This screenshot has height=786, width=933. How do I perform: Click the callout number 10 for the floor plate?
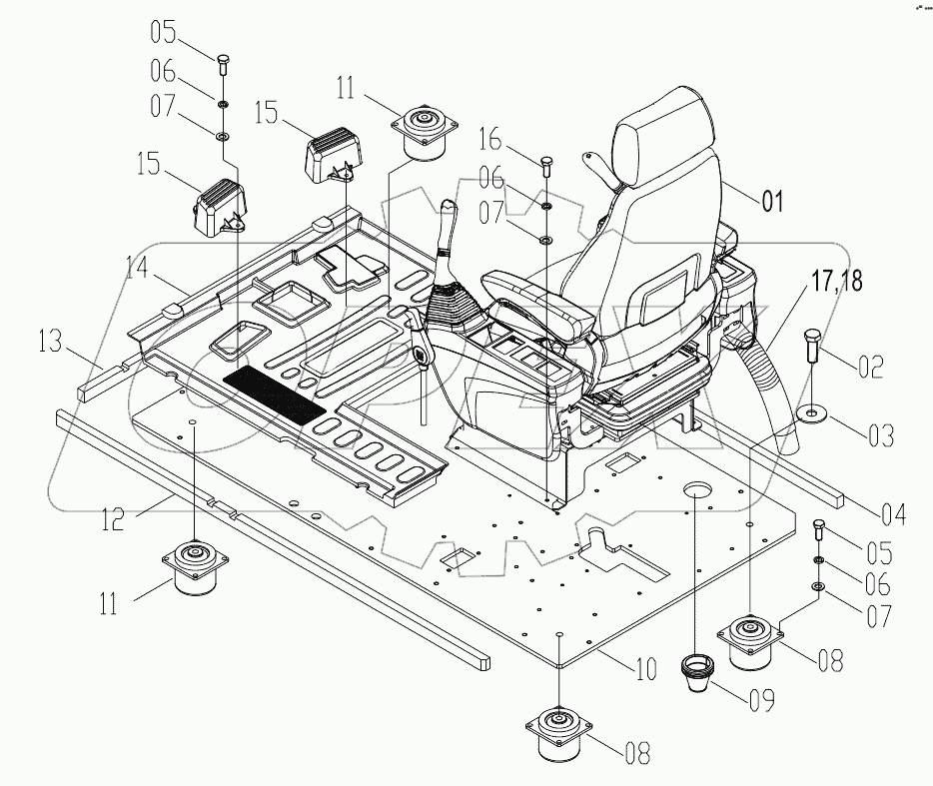click(x=644, y=667)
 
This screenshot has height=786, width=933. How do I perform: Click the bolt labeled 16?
click(x=545, y=164)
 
